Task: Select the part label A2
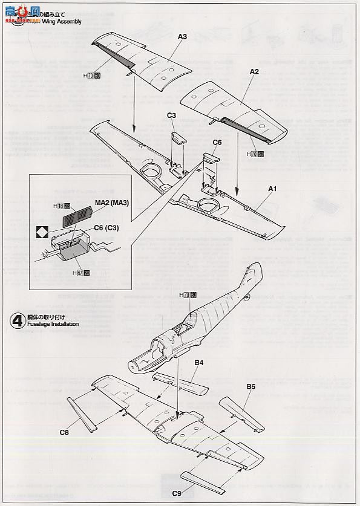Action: click(x=255, y=71)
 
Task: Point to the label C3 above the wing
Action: click(x=171, y=115)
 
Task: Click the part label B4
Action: click(x=198, y=363)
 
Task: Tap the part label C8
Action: click(x=64, y=432)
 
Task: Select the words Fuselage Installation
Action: click(x=53, y=324)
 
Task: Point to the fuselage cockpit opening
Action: click(x=176, y=329)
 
